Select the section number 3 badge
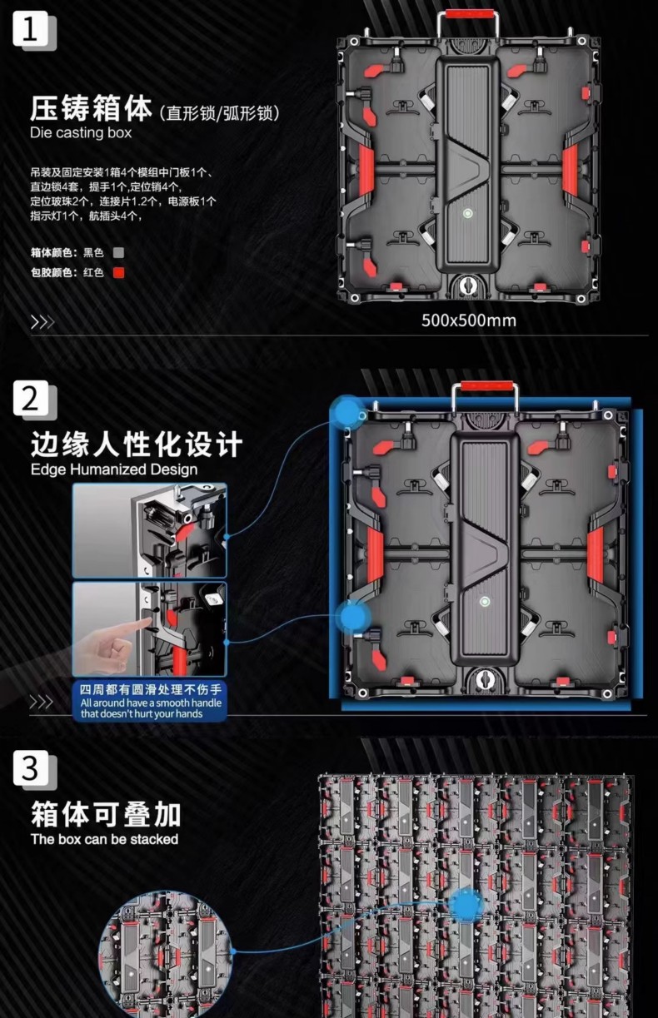[x=31, y=768]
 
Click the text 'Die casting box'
[x=81, y=132]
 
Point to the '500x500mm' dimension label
[x=469, y=320]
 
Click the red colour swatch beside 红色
[x=118, y=272]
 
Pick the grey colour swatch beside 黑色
[x=118, y=252]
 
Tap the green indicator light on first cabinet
[x=467, y=213]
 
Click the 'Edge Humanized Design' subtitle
[x=114, y=469]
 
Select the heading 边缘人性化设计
[x=136, y=444]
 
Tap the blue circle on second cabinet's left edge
[x=353, y=617]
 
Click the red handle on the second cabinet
[x=486, y=386]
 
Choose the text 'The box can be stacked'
[x=105, y=839]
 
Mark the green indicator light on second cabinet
[x=485, y=602]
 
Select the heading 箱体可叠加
[x=106, y=814]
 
